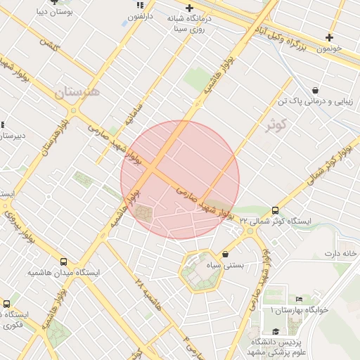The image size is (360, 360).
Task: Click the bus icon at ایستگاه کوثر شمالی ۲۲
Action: pyautogui.click(x=275, y=210)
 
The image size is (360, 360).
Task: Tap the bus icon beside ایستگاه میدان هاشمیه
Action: pyautogui.click(x=64, y=262)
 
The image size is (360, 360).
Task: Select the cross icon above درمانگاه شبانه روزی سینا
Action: pyautogui.click(x=189, y=8)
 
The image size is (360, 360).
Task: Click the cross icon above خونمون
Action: pyautogui.click(x=328, y=37)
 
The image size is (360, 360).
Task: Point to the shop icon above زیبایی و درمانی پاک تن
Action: pyautogui.click(x=315, y=90)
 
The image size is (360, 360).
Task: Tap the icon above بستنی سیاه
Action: pyautogui.click(x=225, y=254)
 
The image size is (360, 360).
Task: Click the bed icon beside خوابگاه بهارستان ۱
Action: pyautogui.click(x=300, y=300)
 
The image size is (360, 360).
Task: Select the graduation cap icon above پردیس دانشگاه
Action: pyautogui.click(x=275, y=331)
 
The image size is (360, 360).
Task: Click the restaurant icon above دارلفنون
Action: pyautogui.click(x=139, y=5)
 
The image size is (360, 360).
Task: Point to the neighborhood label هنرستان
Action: pyautogui.click(x=77, y=91)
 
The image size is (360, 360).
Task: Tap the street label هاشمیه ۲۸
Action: pyautogui.click(x=143, y=286)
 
